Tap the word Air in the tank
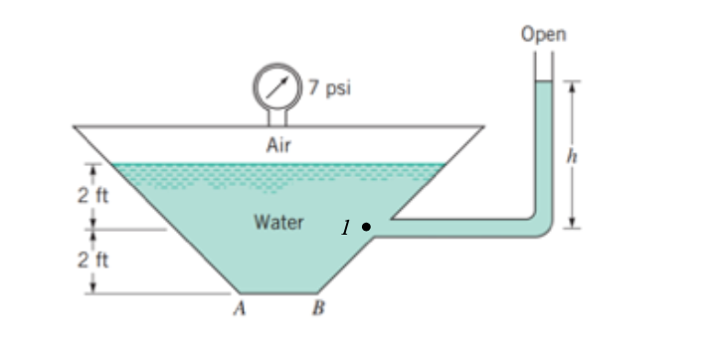click(278, 145)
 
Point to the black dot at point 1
click(366, 227)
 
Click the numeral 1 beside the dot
click(344, 228)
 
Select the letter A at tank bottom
click(239, 308)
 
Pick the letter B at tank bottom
click(317, 308)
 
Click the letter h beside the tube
click(570, 155)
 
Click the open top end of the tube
click(542, 55)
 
